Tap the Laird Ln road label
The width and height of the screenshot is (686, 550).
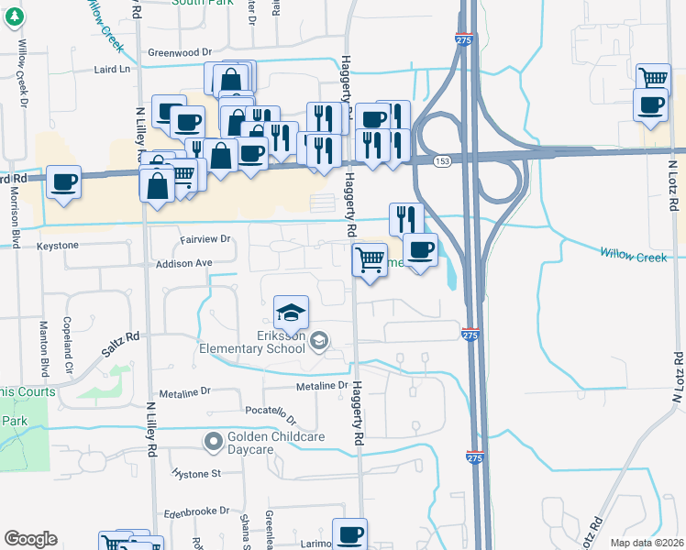(x=114, y=69)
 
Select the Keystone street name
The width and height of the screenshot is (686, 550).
(x=59, y=246)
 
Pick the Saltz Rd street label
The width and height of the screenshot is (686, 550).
(x=119, y=340)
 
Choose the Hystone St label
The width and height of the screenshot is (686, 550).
(x=197, y=474)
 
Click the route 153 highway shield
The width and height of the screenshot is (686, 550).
(x=443, y=161)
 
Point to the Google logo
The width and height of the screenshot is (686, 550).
(x=30, y=539)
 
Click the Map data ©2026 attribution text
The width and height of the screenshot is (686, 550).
(x=647, y=543)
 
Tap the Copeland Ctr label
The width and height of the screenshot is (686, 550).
(x=70, y=332)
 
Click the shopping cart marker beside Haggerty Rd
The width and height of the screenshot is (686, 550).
(x=370, y=260)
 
